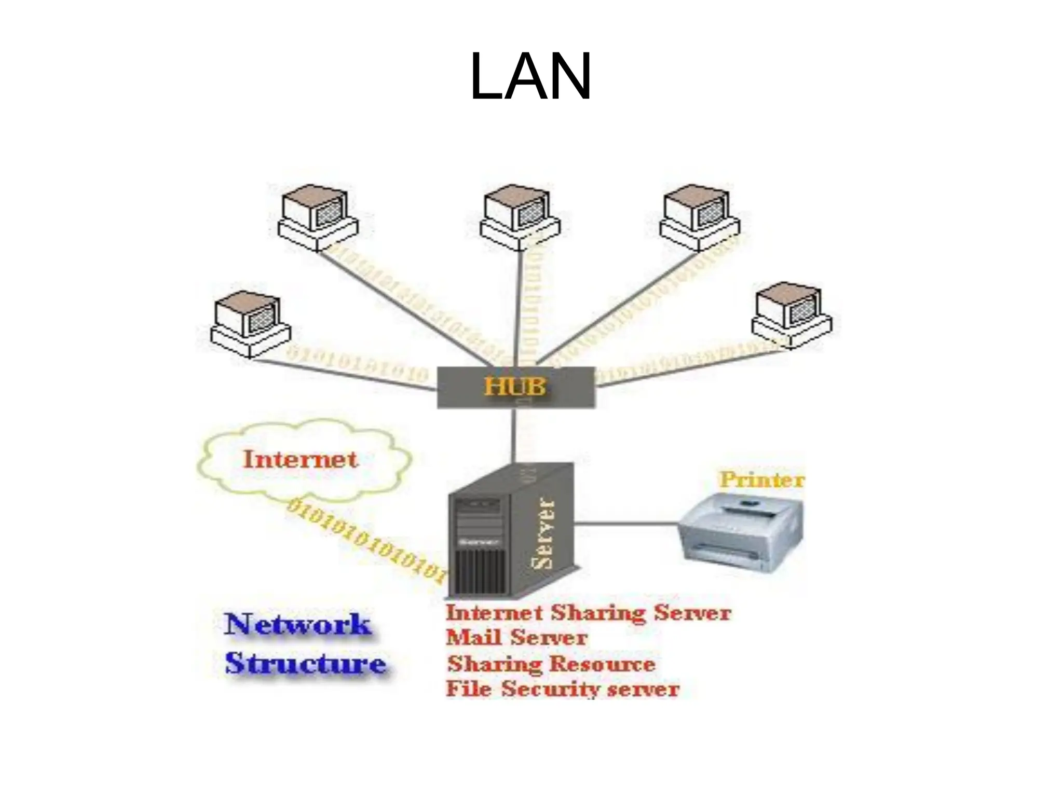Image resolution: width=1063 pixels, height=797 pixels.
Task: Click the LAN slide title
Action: point(530,77)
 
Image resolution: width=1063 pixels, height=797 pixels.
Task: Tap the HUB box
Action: point(515,387)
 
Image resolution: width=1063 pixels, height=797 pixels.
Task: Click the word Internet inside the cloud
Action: point(301,460)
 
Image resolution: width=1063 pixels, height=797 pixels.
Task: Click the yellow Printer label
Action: point(761,479)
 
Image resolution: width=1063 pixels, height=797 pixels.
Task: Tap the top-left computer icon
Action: point(318,217)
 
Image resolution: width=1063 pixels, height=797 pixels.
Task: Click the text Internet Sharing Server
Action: point(588,613)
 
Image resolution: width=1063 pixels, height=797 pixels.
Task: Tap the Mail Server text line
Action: point(516,637)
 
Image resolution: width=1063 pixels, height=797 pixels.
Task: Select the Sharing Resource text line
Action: point(551,664)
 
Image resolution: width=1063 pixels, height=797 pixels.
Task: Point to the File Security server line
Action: point(563,689)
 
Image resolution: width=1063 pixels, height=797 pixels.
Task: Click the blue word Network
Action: point(298,624)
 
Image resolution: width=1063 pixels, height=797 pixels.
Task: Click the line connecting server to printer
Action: point(627,523)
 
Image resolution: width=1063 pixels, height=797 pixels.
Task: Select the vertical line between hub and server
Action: point(514,435)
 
